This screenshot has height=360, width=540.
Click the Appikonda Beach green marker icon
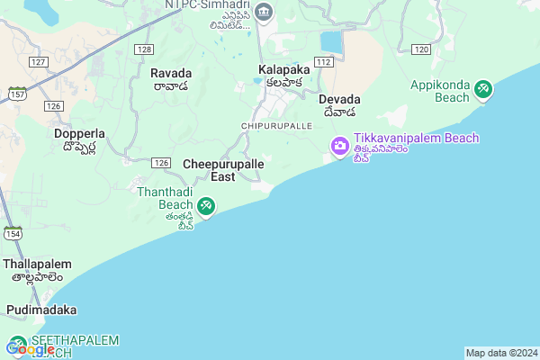(x=484, y=89)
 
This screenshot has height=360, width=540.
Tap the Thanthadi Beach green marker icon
(x=206, y=207)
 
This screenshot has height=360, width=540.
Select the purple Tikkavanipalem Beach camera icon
(x=339, y=146)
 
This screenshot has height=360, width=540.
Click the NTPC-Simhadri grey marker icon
(x=264, y=11)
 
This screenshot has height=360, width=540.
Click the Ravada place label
(x=170, y=73)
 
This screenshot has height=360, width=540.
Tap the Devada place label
(x=339, y=99)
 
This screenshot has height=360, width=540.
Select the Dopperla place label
(x=79, y=133)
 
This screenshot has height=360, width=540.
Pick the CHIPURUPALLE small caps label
(x=276, y=125)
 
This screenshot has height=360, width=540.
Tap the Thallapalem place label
(x=33, y=265)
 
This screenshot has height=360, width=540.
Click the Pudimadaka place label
(x=41, y=310)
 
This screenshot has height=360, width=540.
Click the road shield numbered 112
(x=324, y=61)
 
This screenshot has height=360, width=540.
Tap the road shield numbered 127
(x=38, y=61)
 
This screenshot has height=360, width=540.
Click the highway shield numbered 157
(x=18, y=94)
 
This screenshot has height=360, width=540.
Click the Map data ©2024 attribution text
(x=500, y=353)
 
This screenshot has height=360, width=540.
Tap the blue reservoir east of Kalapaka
(x=332, y=41)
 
